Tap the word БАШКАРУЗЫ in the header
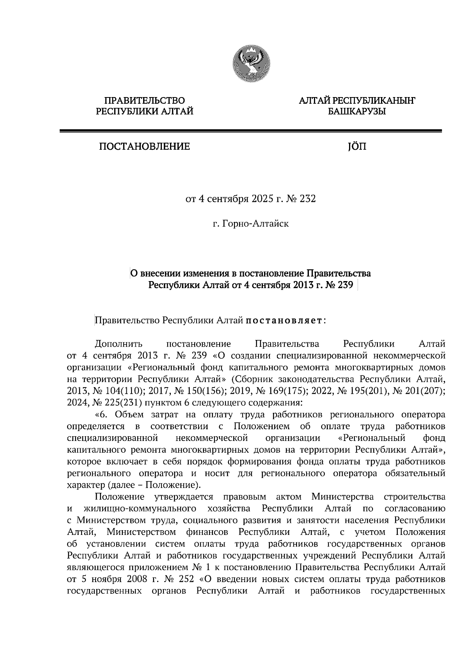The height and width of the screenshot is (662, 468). [356, 112]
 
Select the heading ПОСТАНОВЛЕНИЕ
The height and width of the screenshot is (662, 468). [144, 147]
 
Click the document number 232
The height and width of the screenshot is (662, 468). [307, 199]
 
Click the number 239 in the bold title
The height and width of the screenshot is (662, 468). [345, 285]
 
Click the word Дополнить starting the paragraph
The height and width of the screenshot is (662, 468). [119, 344]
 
